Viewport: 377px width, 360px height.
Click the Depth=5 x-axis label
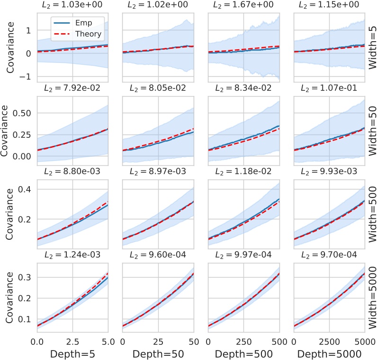[72, 353]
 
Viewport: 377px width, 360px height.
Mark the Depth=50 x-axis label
[158, 353]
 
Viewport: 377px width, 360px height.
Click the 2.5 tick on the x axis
[72, 341]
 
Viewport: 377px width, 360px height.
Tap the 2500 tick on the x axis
[329, 341]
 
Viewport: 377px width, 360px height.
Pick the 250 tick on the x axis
[243, 341]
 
